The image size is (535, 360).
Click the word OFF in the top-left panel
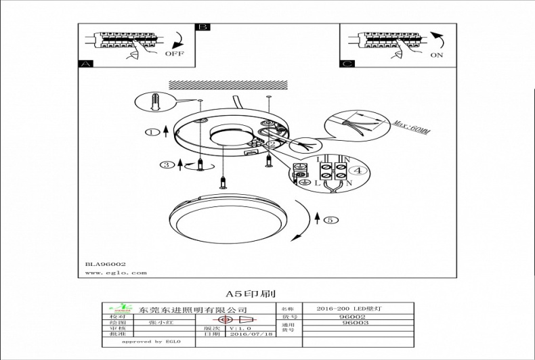pyautogui.click(x=175, y=52)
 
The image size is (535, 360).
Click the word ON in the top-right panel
pyautogui.click(x=437, y=55)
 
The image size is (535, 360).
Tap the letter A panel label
pyautogui.click(x=85, y=64)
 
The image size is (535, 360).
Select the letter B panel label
pyautogui.click(x=202, y=28)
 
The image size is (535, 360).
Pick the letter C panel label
pyautogui.click(x=347, y=64)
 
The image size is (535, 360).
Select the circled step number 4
pyautogui.click(x=360, y=171)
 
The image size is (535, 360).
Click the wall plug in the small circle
pyautogui.click(x=155, y=104)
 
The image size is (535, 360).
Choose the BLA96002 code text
pyautogui.click(x=106, y=264)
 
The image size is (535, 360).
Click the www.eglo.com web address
pyautogui.click(x=116, y=273)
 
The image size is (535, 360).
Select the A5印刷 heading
pyautogui.click(x=251, y=294)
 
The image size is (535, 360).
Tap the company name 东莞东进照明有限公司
pyautogui.click(x=192, y=309)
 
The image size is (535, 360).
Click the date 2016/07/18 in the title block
pyautogui.click(x=251, y=334)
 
